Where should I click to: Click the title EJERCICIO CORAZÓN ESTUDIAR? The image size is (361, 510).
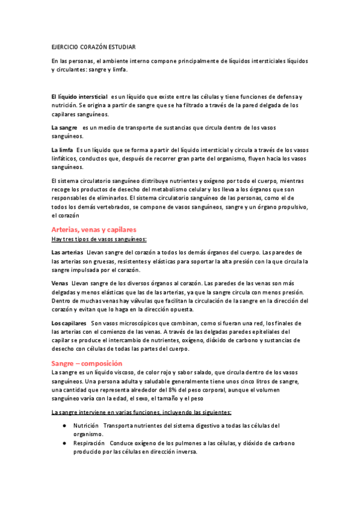pos(93,46)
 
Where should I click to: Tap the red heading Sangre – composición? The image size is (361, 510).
pos(87,363)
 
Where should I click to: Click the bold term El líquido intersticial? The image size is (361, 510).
pos(79,97)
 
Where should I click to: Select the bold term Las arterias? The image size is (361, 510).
pos(67,252)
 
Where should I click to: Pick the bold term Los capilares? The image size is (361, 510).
pos(69,324)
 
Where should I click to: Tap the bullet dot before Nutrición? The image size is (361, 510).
pos(64,426)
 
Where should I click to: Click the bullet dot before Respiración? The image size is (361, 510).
pos(64,443)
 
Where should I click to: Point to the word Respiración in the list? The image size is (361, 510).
pos(89,443)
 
